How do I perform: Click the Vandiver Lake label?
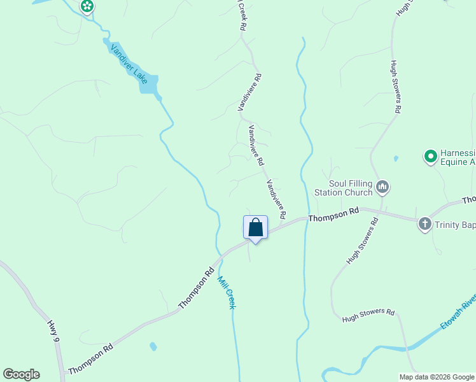coord(129,64)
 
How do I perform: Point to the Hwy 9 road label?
coord(54,333)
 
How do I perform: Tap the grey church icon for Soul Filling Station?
coord(382,187)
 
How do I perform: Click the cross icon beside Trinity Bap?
coord(425,224)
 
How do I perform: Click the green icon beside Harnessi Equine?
coord(430,155)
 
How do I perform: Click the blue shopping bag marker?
coord(255,227)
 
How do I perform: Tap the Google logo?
coord(21,374)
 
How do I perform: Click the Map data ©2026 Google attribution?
coord(437,377)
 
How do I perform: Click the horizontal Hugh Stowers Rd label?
coord(368,314)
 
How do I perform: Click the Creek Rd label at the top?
coord(242,16)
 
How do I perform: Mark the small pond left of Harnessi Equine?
coord(396,158)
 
